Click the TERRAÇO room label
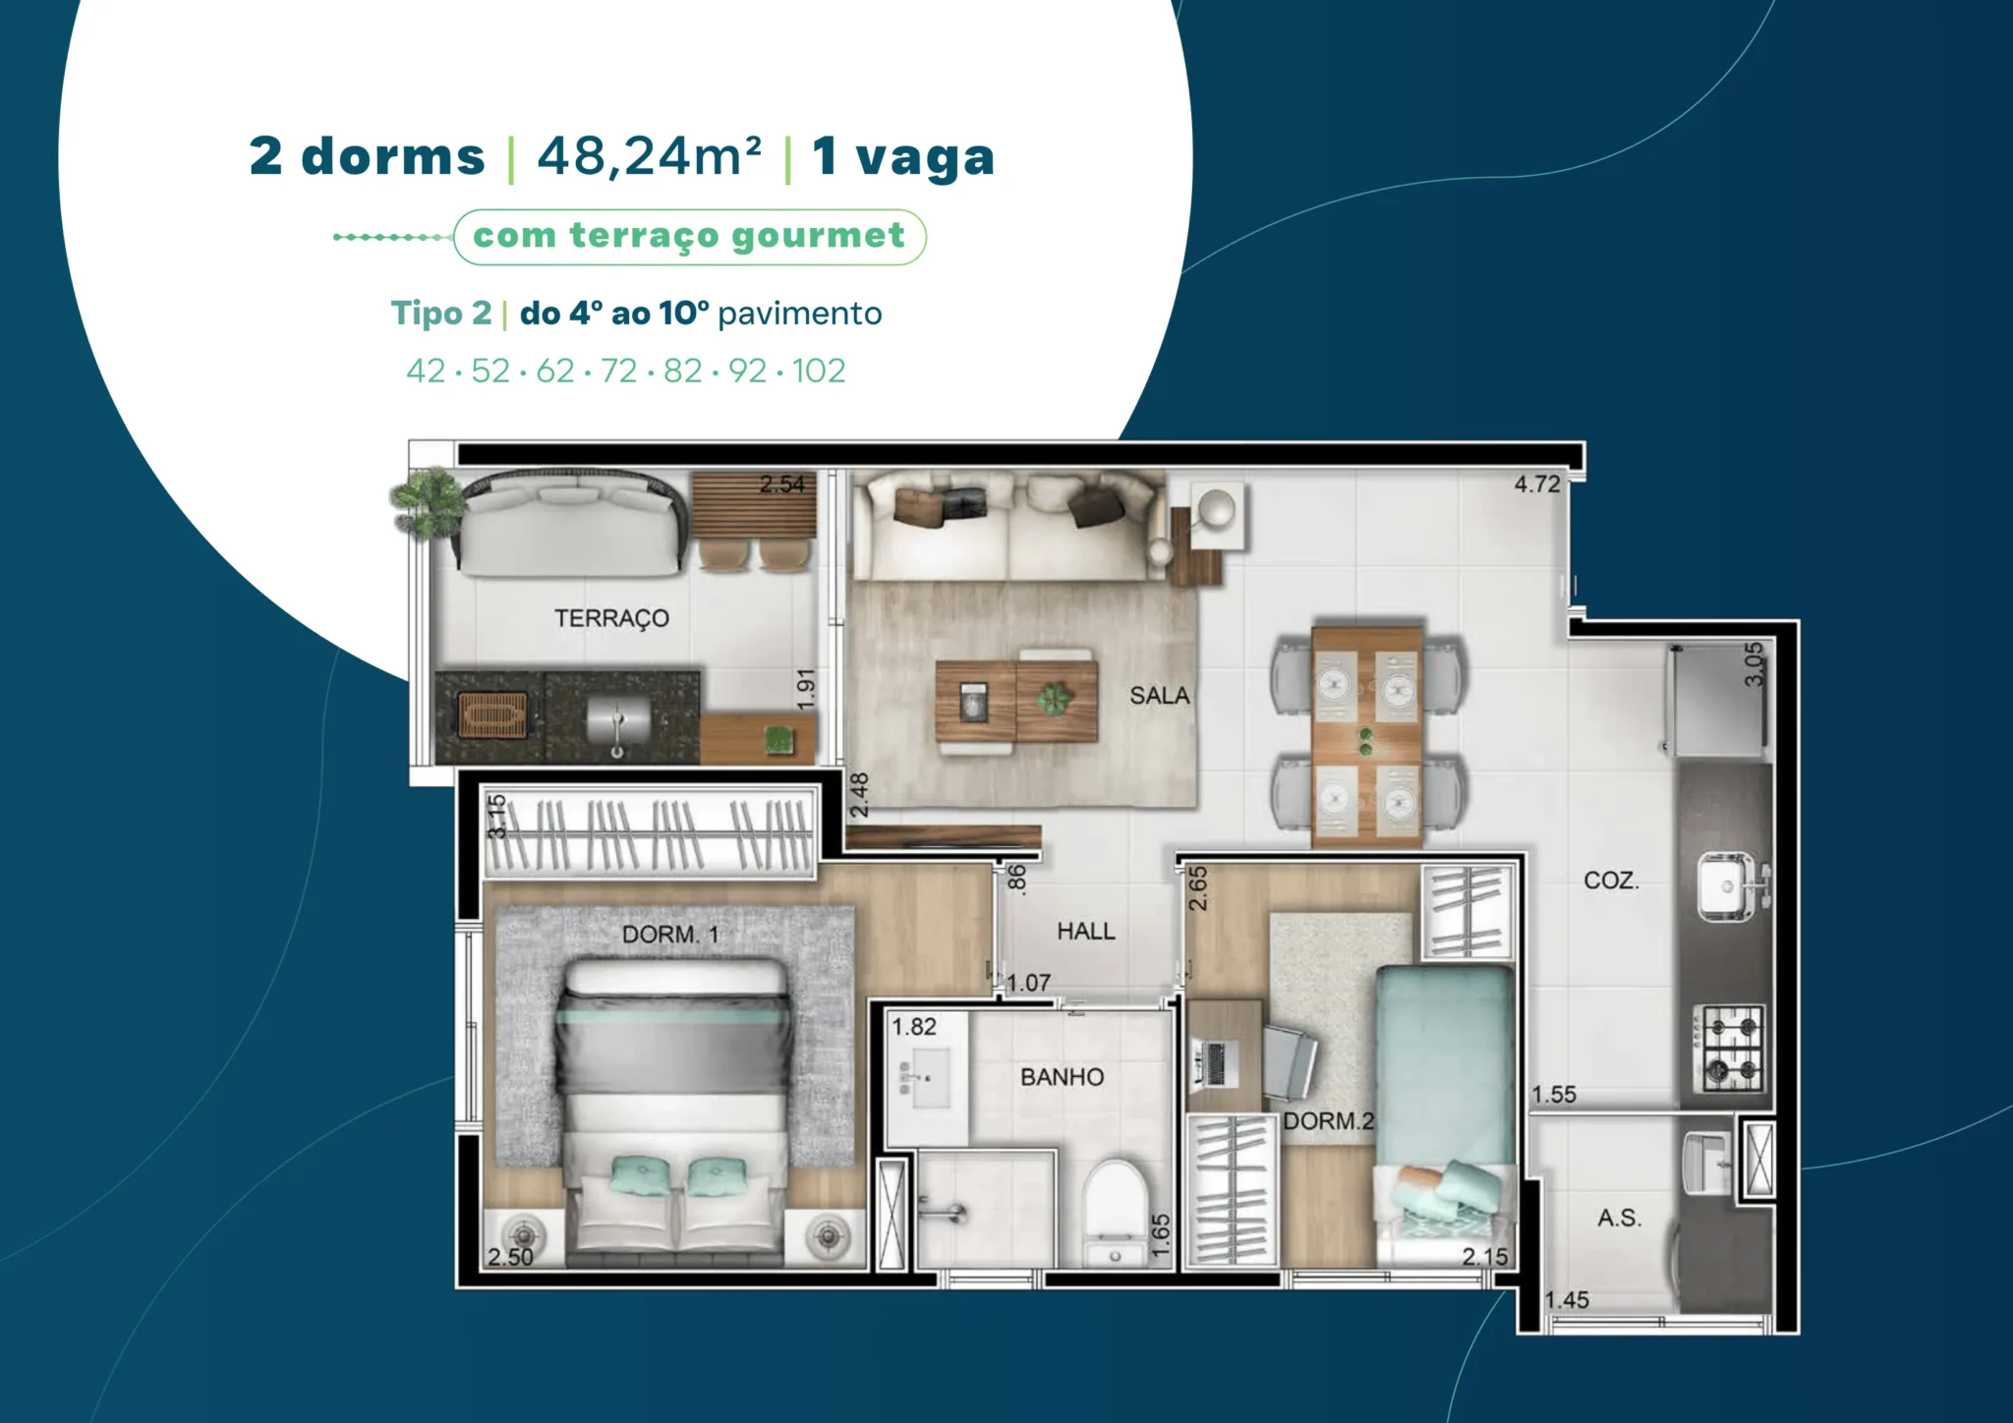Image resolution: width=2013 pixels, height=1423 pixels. coord(611,618)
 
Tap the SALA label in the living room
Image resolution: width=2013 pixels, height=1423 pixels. coord(1160,696)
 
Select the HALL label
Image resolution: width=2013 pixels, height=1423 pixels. coord(1086,931)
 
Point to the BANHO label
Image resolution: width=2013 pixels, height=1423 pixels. coord(1062,1077)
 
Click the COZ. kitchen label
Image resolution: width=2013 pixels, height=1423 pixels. coord(1611,881)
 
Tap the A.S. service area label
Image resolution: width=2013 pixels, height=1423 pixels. coord(1620,1219)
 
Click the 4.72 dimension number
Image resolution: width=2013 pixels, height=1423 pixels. coord(1537,484)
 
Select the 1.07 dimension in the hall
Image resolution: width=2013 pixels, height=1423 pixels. coord(1028,983)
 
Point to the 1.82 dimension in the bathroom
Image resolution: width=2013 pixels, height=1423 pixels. coord(914,1027)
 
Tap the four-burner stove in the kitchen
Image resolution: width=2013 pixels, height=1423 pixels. coord(1729,1048)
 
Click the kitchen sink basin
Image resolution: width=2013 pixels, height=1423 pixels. coord(1728,885)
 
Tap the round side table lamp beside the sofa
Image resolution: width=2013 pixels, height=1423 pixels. coord(1217,508)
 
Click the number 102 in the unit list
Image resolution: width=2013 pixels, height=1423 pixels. coord(819,370)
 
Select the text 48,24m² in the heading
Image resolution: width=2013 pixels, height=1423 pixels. coord(649,156)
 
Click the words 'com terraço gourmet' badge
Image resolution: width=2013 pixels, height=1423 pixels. coord(689,236)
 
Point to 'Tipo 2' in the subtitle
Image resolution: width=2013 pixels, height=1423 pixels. coord(441,313)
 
